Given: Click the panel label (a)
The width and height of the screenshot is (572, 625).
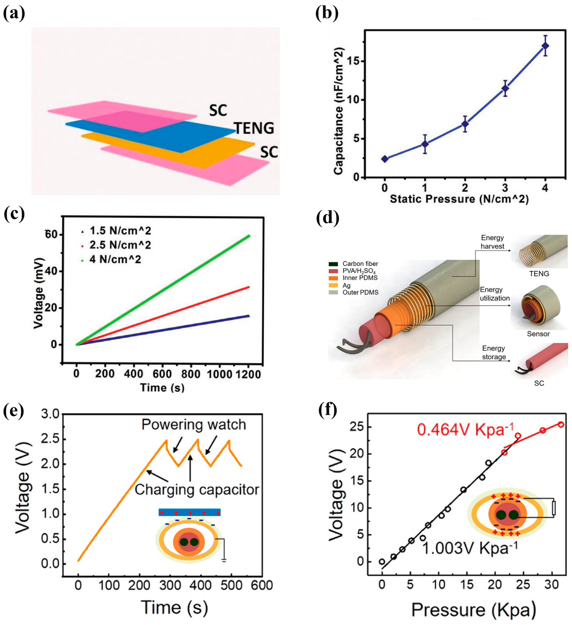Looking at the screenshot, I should point(14,13).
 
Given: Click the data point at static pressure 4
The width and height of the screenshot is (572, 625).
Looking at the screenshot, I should point(545,46).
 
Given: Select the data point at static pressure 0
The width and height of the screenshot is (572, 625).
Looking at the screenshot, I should point(385,159).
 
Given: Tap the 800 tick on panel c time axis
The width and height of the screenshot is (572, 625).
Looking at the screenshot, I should point(190,374).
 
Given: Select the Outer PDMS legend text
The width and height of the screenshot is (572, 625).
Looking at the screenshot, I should point(360,292).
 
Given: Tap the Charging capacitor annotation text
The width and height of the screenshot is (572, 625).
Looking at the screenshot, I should point(197,490).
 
